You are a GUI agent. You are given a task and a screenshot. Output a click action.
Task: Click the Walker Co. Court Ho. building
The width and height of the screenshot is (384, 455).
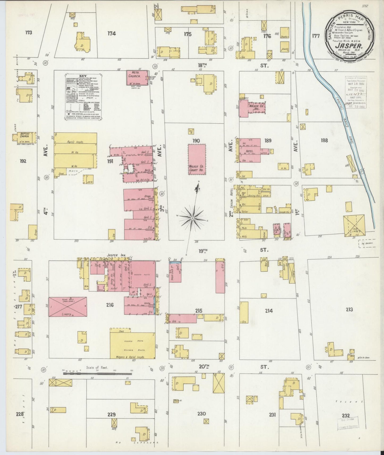coord(197,159)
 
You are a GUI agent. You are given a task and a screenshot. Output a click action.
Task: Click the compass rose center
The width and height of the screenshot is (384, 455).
coord(192,218)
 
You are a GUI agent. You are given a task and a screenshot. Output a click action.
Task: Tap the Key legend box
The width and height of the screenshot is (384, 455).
coord(84,97)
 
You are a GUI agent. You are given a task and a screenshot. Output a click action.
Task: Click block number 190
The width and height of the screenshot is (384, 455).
coord(197,140)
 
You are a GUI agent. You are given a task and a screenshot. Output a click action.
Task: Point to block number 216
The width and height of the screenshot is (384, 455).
coord(110,305)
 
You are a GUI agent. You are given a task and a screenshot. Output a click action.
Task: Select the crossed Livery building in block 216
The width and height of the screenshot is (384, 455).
coord(68,307)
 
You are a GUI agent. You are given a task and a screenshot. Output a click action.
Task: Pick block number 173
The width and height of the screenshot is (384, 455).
coord(29,33)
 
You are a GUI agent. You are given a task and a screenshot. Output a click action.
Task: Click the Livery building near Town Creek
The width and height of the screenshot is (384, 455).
coord(354,225)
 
